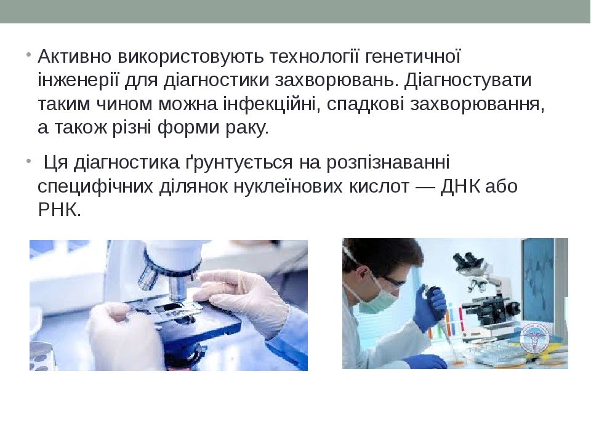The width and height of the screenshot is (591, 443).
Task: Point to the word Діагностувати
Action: [468, 81]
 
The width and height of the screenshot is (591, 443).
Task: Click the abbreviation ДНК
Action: [460, 186]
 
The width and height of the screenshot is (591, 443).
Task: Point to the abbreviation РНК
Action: [59, 210]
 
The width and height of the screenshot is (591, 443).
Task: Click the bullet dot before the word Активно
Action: [29, 55]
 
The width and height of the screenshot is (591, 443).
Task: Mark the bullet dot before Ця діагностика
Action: [29, 161]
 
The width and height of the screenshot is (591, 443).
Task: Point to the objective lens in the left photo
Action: [177, 290]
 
